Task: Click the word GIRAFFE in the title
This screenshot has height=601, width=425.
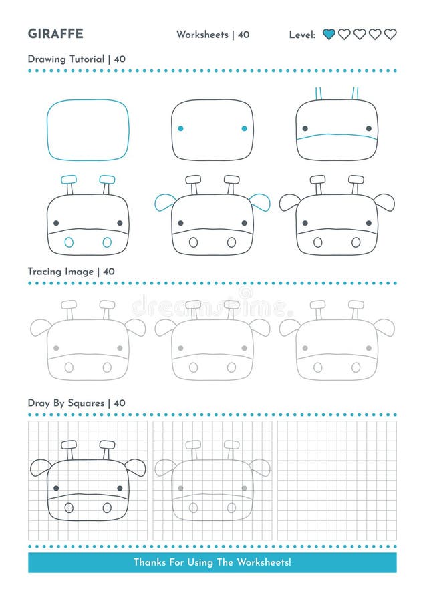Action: pos(55,34)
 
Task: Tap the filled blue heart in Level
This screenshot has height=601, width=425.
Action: pos(329,35)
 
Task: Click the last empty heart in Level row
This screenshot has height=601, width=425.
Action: pos(390,35)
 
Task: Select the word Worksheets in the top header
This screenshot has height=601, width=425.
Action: pos(202,35)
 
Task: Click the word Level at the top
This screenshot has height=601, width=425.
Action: pos(302,35)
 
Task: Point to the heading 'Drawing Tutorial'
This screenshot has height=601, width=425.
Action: pos(66,59)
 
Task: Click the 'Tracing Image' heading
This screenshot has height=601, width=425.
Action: pos(61,272)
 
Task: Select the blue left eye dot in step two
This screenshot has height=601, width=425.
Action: pos(180,128)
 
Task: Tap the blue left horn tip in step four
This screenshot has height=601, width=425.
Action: pos(69,180)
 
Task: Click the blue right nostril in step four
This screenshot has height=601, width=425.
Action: pos(107,242)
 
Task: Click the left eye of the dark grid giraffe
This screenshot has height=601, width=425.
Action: pos(56,488)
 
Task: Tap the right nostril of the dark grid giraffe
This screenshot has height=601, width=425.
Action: pos(107,508)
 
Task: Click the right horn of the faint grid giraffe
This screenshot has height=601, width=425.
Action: pos(231,449)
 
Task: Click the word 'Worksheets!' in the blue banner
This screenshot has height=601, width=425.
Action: pos(264,562)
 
